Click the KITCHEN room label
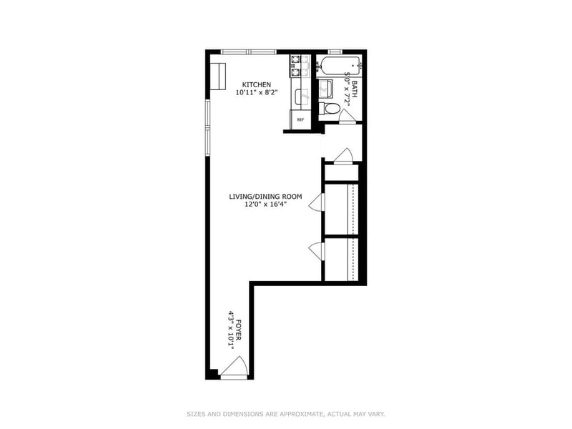257,84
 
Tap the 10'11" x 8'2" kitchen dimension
257,93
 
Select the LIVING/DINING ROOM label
265,197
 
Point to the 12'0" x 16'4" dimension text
265,204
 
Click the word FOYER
239,330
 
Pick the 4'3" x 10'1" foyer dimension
230,330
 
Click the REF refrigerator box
300,119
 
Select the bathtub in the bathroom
339,65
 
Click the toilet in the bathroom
330,109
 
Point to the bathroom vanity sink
325,89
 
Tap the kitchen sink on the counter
302,97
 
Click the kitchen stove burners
295,66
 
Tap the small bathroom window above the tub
335,51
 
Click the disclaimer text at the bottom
286,414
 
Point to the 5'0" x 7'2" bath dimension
347,89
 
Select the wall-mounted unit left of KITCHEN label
218,77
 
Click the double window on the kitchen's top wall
249,51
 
